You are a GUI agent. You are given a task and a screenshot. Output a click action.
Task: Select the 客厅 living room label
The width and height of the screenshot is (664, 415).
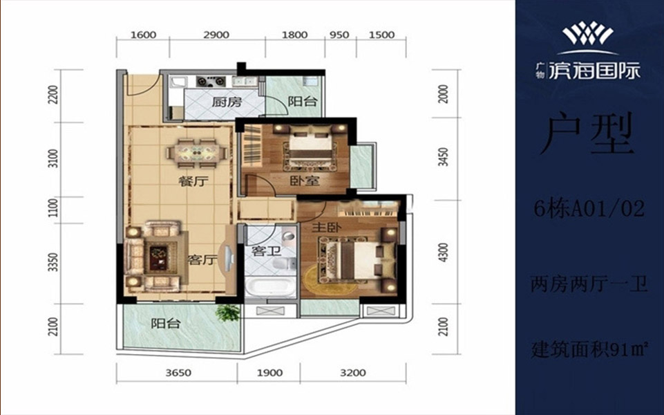(x=202, y=260)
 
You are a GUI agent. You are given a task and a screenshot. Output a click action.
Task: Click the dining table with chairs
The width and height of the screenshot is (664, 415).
(x=197, y=151)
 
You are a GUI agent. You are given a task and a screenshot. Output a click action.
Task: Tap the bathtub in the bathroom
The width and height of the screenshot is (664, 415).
(x=269, y=287)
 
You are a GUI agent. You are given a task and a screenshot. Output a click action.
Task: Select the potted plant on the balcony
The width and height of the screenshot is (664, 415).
(x=227, y=313)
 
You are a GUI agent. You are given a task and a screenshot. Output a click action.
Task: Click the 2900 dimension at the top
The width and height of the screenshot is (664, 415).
(x=216, y=35)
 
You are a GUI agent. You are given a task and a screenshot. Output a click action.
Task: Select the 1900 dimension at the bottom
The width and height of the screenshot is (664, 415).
(x=269, y=373)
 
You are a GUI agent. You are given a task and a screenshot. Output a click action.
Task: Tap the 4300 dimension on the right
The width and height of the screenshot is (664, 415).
(x=442, y=252)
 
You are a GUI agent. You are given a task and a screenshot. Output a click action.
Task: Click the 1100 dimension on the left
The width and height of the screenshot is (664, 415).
(x=53, y=209)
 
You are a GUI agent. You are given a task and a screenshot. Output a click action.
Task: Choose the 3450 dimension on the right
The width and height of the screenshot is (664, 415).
(x=442, y=157)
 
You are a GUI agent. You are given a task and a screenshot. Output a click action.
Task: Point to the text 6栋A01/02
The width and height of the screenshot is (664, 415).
(x=589, y=209)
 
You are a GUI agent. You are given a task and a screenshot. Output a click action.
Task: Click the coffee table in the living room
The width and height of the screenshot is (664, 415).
(x=158, y=258)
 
